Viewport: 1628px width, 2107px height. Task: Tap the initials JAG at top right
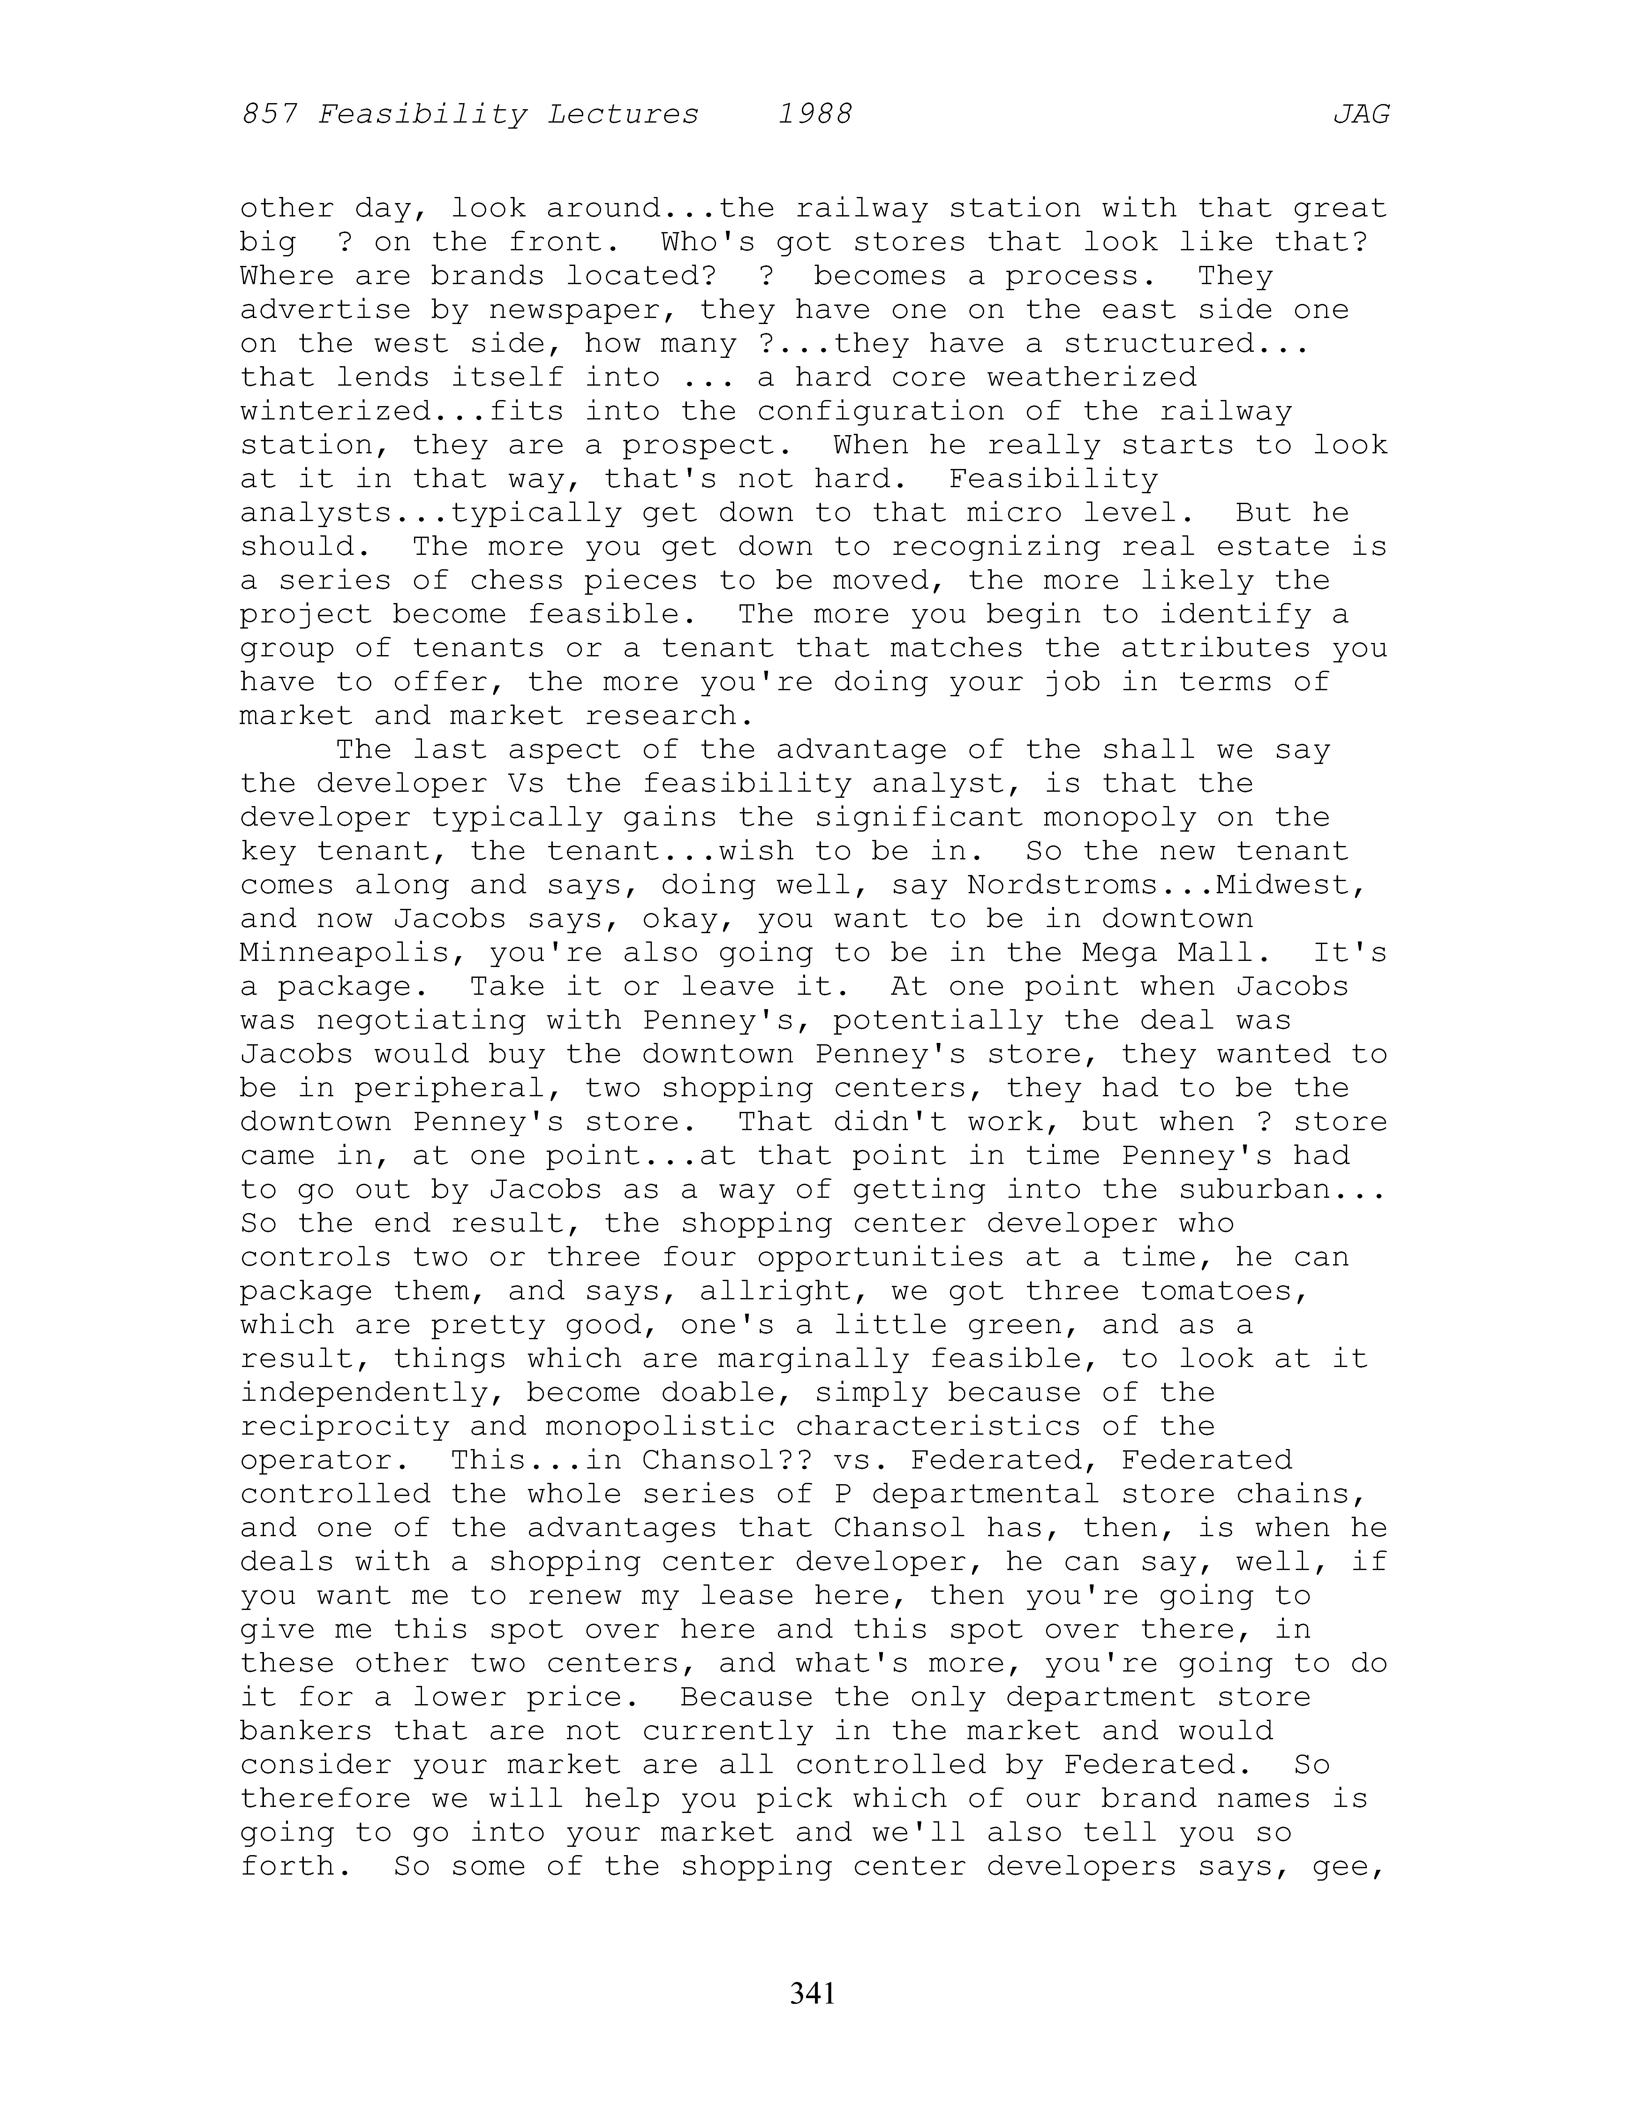pyautogui.click(x=1361, y=115)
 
